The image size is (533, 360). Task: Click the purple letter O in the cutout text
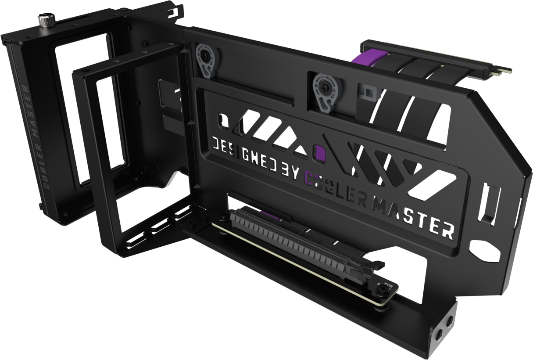pyautogui.click(x=320, y=152)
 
